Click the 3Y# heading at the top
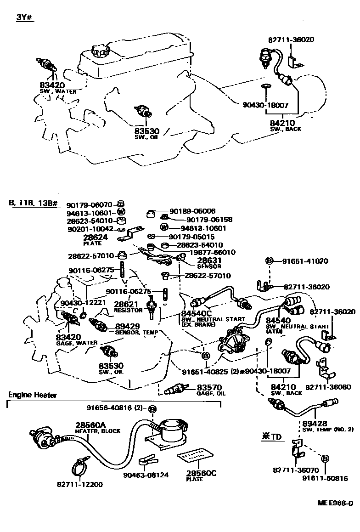tap(25, 18)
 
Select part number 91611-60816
tap(325, 479)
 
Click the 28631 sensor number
tap(197, 260)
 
